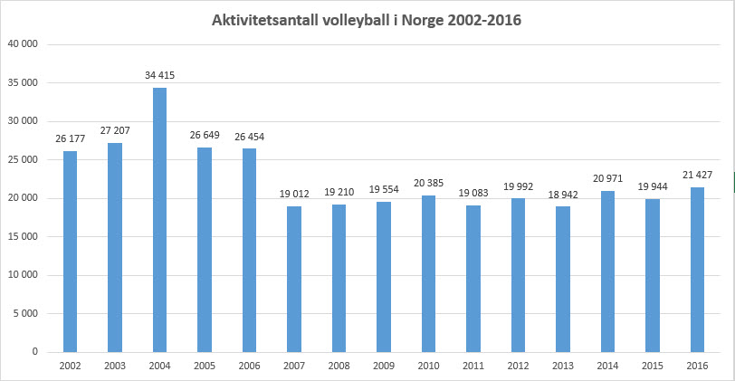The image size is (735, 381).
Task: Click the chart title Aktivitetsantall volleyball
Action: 367,19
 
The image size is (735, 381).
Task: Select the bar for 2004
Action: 159,220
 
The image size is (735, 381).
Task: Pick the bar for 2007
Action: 294,279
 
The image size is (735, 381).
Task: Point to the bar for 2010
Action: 428,273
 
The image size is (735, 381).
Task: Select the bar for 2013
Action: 563,279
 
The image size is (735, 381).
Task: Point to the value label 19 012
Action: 294,195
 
